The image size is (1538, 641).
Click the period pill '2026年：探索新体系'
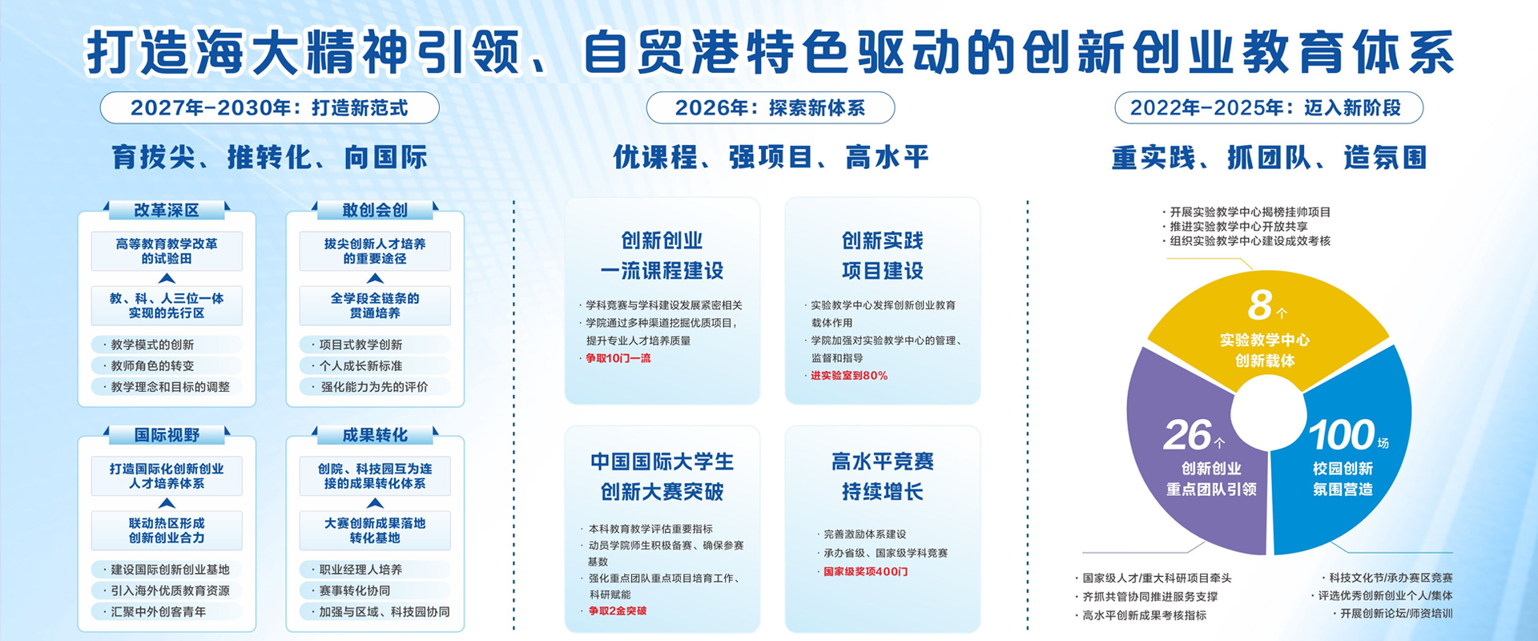(770, 108)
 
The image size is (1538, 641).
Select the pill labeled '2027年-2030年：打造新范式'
(269, 108)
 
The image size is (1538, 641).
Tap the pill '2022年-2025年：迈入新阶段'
(1268, 108)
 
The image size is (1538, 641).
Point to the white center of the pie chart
(1268, 414)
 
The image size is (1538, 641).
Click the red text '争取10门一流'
(618, 358)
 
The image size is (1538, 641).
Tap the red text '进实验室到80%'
(848, 376)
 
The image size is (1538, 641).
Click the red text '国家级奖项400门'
(865, 572)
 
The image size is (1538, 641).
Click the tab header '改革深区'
(167, 211)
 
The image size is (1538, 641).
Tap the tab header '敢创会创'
(375, 211)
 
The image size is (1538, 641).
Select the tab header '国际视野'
(167, 435)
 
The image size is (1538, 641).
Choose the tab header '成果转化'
(375, 435)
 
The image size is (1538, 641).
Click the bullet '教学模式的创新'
(152, 345)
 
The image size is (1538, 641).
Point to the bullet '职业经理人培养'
(360, 570)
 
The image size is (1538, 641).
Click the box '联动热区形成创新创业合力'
(167, 530)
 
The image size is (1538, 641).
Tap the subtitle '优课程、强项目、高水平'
(771, 157)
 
